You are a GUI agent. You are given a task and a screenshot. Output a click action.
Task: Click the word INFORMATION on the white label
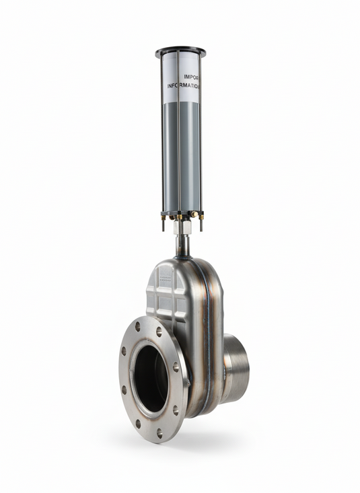tap(183, 86)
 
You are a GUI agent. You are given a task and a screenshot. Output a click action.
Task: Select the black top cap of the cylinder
tap(180, 52)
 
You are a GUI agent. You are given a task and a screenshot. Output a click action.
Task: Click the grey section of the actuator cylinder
tap(180, 155)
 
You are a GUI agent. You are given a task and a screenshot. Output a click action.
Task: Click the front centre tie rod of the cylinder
tap(178, 135)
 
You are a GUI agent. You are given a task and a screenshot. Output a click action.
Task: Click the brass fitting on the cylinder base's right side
tap(194, 215)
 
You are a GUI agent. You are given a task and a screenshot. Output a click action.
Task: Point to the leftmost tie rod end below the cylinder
tap(162, 224)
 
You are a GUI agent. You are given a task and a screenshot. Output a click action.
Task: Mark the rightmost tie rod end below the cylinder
tap(201, 223)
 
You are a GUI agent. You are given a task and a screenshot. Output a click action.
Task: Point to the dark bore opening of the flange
tap(151, 379)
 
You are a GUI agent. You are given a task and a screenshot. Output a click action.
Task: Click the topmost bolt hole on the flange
tap(138, 326)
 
